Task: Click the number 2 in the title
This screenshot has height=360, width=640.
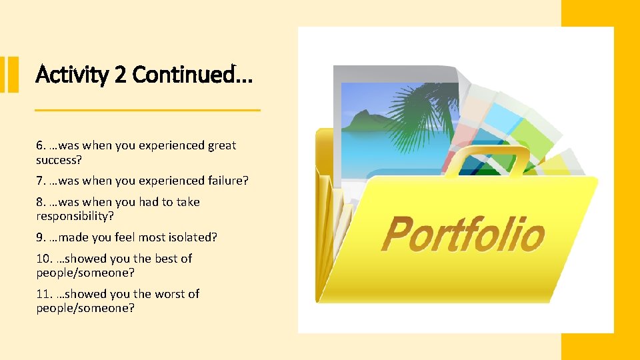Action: point(120,75)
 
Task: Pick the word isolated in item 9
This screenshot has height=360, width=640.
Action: point(193,237)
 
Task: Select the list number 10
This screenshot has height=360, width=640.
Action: point(44,259)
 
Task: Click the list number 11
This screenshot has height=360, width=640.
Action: point(44,294)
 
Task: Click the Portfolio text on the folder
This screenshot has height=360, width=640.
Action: point(463,235)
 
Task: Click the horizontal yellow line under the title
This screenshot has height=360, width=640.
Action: point(147,109)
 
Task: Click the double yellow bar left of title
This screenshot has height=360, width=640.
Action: point(9,74)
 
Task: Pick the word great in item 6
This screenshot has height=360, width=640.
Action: point(221,145)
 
